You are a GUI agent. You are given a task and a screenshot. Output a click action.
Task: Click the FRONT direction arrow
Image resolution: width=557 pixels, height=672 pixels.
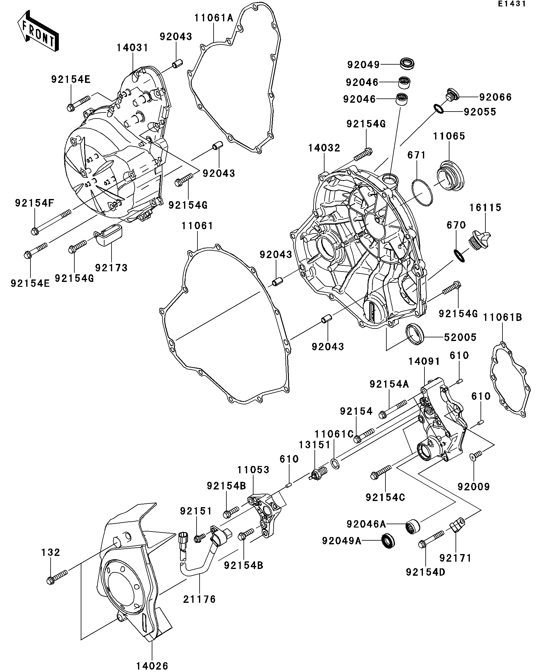tap(38, 31)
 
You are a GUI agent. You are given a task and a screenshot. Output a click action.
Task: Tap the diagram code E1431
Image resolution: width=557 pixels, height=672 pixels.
tap(512, 4)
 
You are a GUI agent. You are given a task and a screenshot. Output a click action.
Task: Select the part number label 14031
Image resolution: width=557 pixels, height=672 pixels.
tap(133, 48)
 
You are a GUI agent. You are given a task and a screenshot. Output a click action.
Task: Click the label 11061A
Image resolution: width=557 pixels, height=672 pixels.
tap(214, 18)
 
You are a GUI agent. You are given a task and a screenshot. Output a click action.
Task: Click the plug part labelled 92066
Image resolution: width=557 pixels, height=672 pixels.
tap(452, 96)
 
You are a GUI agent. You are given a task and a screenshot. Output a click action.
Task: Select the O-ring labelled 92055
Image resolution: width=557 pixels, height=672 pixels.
tap(438, 109)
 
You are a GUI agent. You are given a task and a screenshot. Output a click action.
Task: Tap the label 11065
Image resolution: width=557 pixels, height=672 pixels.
tap(449, 136)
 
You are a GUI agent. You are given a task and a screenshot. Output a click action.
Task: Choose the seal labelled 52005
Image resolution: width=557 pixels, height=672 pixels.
tap(415, 334)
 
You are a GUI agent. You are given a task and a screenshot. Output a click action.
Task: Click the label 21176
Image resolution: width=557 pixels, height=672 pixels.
tap(199, 599)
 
